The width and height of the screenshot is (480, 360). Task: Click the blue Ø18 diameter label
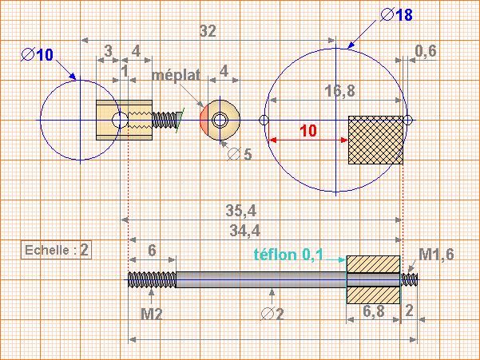point(396,14)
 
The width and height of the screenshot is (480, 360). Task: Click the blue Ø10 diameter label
point(38,55)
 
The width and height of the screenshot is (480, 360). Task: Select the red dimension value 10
point(308,131)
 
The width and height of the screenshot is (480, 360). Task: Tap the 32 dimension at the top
point(208,31)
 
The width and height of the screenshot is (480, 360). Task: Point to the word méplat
point(176,75)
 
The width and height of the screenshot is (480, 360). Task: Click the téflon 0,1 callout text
point(288,255)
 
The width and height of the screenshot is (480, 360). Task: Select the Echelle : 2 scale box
point(56,250)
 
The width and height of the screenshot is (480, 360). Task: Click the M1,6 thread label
point(436,255)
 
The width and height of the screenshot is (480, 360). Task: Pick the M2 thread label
point(151,314)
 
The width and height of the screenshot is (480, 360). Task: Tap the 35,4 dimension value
point(241,211)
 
